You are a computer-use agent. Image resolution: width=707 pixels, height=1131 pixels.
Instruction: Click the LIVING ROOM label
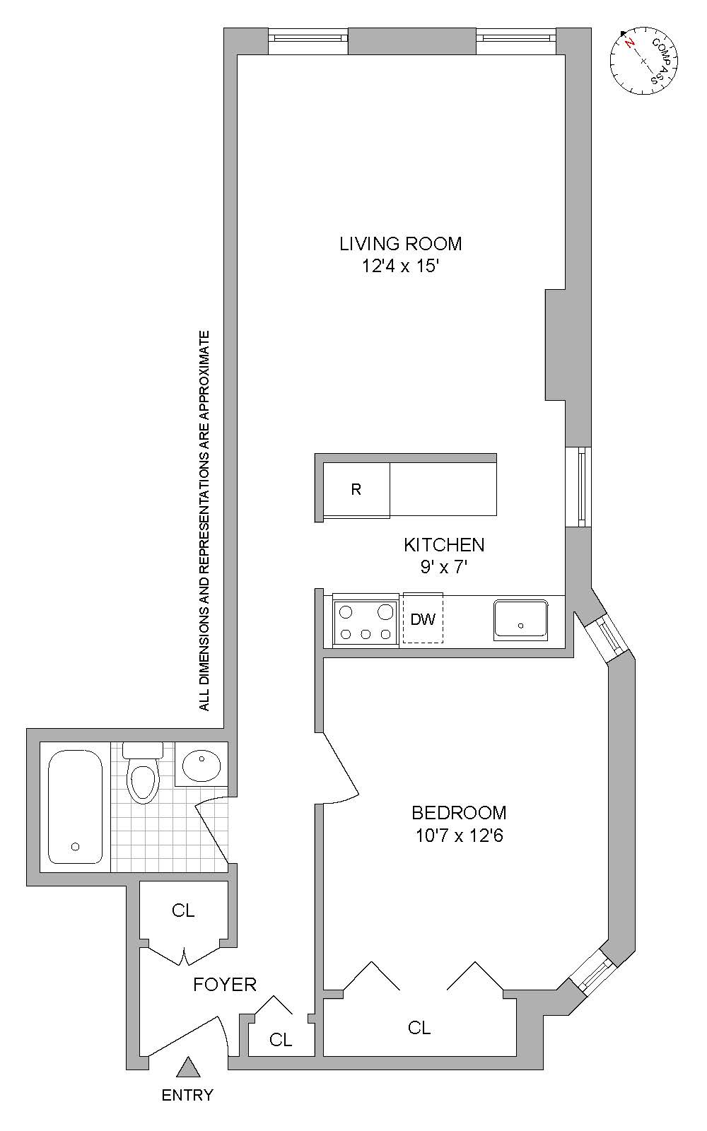(400, 244)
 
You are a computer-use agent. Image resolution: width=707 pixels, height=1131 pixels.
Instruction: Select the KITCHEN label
(444, 545)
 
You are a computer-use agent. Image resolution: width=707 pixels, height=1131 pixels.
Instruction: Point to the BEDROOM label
(459, 813)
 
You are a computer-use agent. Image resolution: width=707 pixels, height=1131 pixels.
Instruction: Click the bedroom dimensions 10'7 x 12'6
(459, 836)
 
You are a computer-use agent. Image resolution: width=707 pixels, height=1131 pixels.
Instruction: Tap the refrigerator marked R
(356, 490)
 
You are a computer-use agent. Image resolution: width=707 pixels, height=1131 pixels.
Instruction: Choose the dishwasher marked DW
(423, 619)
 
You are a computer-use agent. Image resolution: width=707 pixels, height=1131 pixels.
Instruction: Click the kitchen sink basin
(520, 621)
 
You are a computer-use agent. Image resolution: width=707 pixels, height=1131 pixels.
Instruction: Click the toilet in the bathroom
(143, 772)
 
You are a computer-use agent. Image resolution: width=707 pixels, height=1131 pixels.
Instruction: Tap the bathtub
(75, 807)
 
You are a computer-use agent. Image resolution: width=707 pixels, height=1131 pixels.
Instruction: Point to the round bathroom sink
(201, 765)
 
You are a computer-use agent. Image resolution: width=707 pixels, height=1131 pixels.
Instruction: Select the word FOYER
(225, 984)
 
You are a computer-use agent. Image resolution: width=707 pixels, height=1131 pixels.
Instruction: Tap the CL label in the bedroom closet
(419, 1028)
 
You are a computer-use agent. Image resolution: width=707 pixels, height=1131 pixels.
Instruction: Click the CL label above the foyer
(183, 910)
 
